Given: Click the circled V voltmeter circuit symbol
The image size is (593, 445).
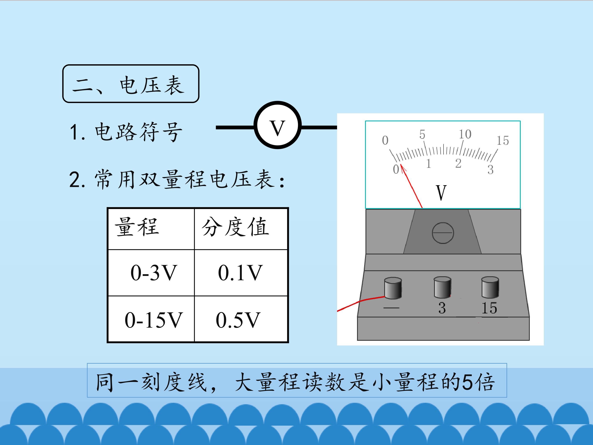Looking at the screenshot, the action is (x=278, y=125).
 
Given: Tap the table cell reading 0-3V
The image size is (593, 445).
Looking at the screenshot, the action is (x=151, y=273).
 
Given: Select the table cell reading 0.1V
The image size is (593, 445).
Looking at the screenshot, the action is (x=241, y=273).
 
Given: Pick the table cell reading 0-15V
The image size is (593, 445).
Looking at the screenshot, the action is (x=151, y=319).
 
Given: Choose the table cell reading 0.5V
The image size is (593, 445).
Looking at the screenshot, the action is (x=241, y=319).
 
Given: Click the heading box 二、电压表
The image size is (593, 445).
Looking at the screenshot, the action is (x=131, y=83).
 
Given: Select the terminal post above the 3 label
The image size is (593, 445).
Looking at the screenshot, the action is (x=442, y=287).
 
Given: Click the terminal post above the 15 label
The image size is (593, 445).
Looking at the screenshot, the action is (x=490, y=287).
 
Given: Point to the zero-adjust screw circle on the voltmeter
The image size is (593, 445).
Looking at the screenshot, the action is (x=443, y=233).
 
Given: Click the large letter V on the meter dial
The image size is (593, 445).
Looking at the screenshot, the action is (x=441, y=193).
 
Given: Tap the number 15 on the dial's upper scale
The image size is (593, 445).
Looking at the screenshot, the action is (x=503, y=141).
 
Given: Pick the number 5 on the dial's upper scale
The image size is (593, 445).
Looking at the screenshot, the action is (x=422, y=134).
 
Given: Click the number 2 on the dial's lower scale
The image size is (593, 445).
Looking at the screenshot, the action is (x=458, y=163).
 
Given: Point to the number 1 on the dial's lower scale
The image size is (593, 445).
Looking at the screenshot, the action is (x=428, y=163).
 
